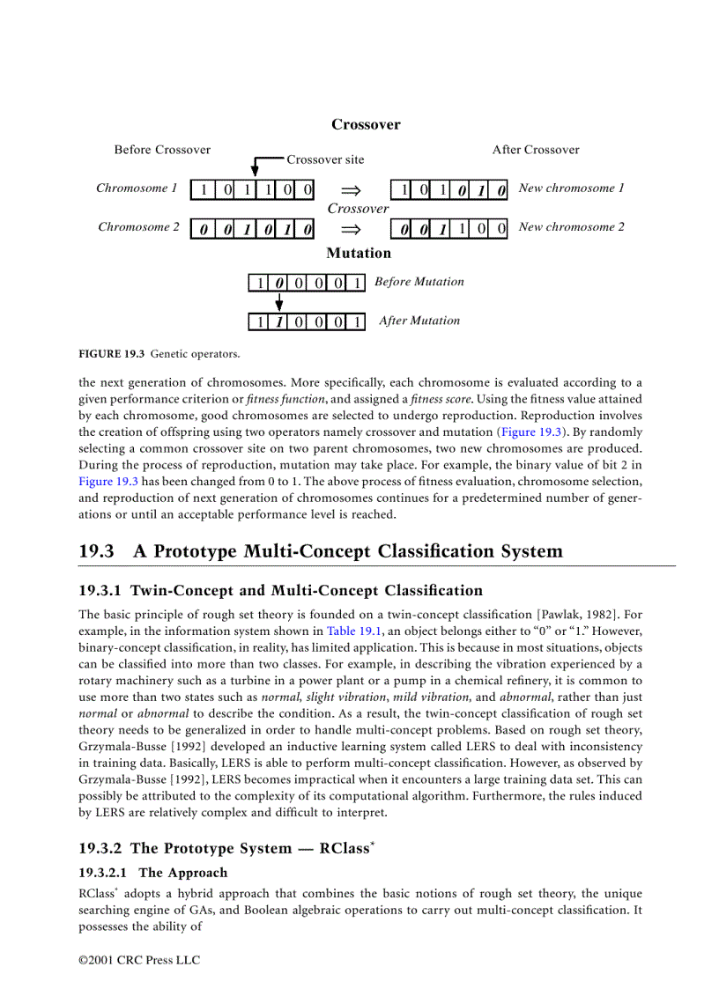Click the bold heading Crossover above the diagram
tap(366, 125)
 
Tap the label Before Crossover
tap(162, 150)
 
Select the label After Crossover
tap(536, 150)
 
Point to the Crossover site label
tap(325, 159)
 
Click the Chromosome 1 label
tap(137, 188)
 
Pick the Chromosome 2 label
tap(138, 227)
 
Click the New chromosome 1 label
tap(572, 188)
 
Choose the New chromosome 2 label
tap(572, 227)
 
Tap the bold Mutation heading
tap(359, 254)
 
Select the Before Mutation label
tap(419, 282)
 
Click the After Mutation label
tap(419, 321)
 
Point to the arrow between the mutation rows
tap(279, 302)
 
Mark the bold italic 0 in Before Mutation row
tap(279, 283)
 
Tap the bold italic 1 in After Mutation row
tap(279, 321)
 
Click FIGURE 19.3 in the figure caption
tap(110, 355)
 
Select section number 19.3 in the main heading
tap(97, 552)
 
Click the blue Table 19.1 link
tap(353, 631)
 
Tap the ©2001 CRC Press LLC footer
tap(139, 960)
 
